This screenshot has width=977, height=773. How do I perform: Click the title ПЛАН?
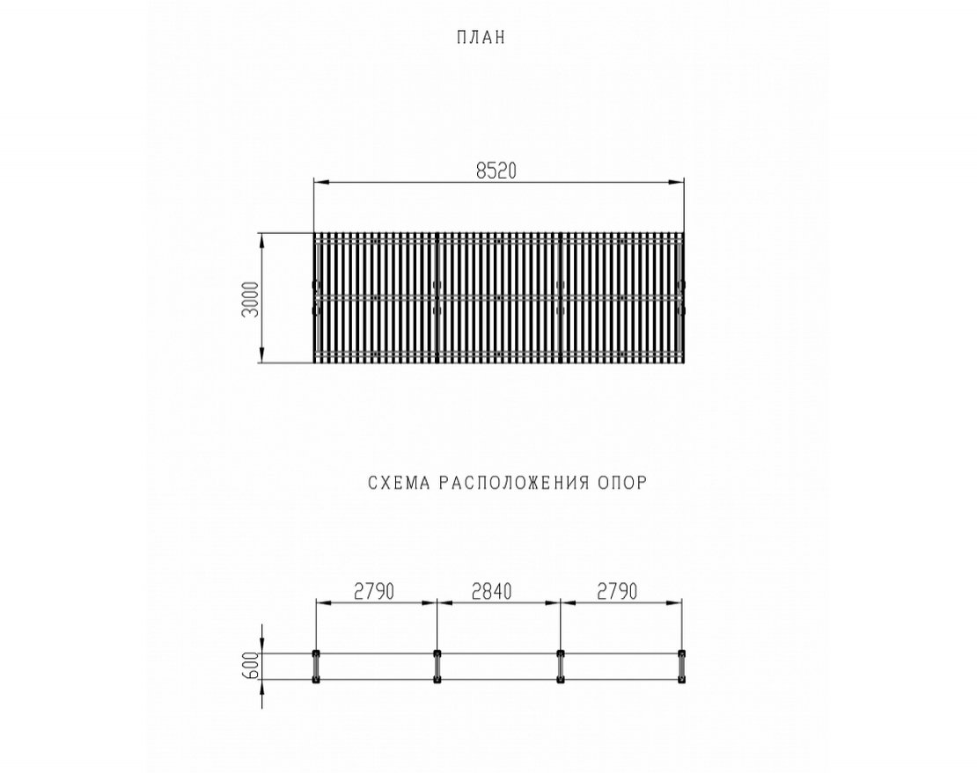coord(481,38)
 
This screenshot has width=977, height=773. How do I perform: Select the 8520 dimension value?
coord(496,171)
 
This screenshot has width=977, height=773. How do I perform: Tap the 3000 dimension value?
coord(250,299)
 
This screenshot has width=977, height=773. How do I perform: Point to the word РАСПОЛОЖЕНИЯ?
coord(514,483)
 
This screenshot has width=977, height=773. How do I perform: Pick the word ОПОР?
coord(622,483)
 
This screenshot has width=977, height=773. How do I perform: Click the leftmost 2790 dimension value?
coord(374,591)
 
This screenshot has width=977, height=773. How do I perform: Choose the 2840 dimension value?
coord(492,591)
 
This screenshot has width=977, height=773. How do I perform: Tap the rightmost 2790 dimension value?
coord(618,591)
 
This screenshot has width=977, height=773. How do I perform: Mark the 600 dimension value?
coord(251,666)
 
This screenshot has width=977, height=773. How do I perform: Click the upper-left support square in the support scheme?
coord(315,653)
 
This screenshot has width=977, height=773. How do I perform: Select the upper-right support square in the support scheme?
coord(681,653)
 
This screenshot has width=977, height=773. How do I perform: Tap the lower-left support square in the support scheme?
coord(315,680)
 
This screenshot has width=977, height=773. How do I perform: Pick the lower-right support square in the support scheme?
coord(681,680)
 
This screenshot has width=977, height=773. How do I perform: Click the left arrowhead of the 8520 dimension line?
coord(321,182)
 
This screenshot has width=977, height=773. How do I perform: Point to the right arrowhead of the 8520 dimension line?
coord(676,182)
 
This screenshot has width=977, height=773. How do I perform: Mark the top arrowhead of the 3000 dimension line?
coord(261,241)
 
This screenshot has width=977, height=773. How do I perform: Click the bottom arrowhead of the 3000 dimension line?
coord(261,354)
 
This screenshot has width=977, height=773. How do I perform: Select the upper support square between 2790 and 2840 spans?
coord(437,653)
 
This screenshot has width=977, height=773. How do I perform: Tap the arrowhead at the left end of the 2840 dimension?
coord(444,602)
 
